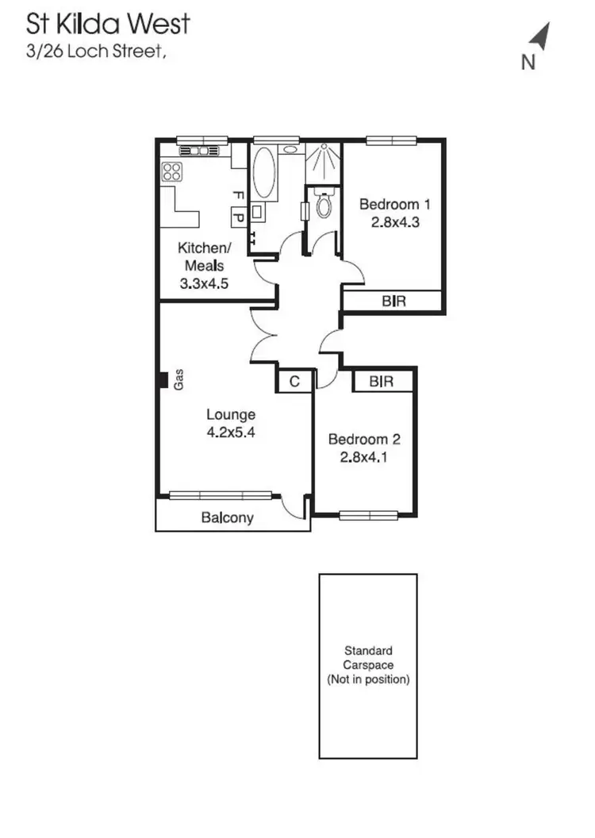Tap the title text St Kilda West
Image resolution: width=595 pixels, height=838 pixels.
pos(109,23)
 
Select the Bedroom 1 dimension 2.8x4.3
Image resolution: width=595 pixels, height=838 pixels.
pos(394,222)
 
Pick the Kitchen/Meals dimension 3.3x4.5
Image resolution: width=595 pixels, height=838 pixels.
pos(202,283)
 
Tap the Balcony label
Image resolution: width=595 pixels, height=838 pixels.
pos(227,518)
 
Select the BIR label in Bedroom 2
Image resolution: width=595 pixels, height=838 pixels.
pos(382,382)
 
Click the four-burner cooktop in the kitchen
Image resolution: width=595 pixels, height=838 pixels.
pos(172,171)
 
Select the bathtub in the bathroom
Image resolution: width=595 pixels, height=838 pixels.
pos(264,173)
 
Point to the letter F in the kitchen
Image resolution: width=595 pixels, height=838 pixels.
pos(236,194)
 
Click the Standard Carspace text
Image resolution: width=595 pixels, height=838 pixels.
pos(367,658)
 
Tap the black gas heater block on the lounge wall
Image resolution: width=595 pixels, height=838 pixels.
pos(161,381)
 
